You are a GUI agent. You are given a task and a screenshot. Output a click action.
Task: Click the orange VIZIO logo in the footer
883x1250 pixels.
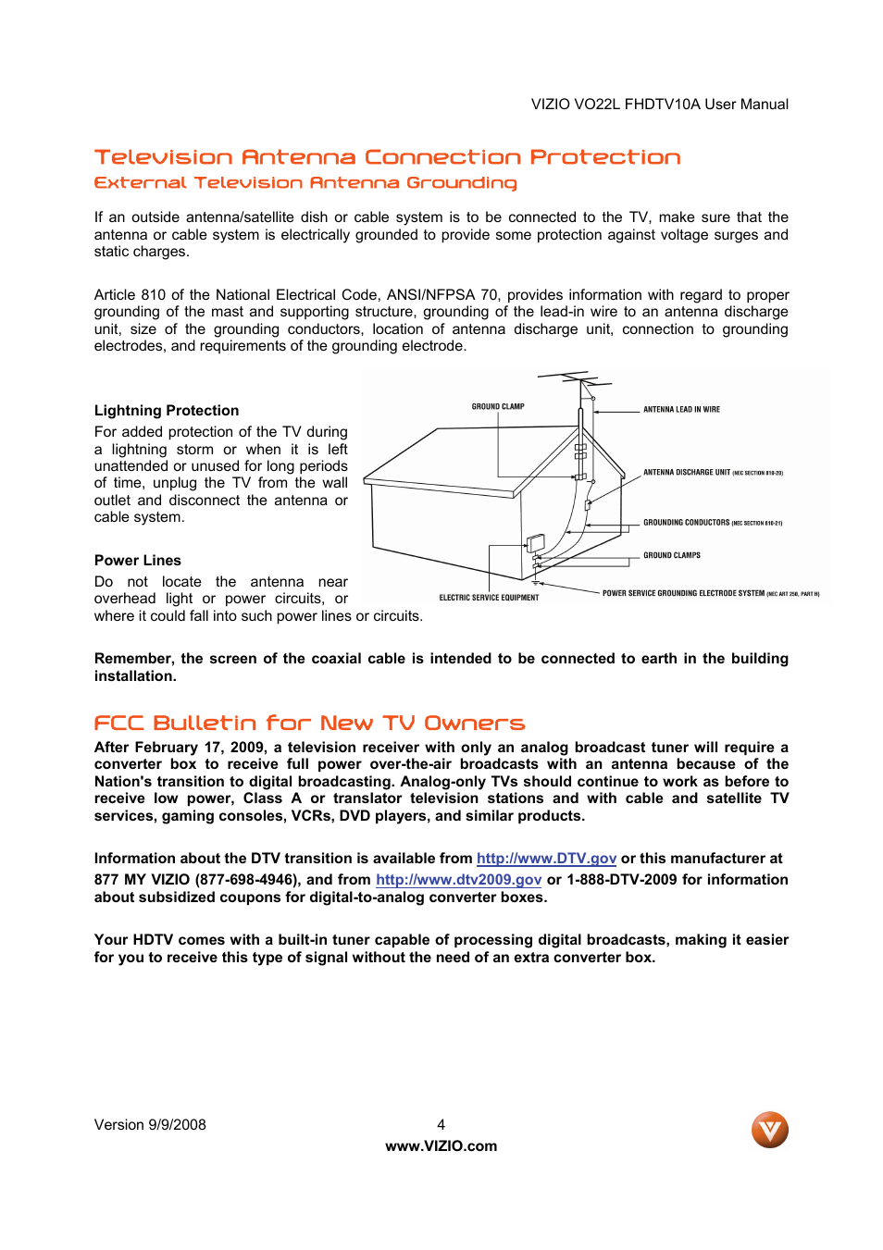coord(769,1130)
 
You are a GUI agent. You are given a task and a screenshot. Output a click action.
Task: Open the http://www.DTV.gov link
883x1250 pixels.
coord(546,859)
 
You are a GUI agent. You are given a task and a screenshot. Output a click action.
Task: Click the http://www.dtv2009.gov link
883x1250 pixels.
coord(458,880)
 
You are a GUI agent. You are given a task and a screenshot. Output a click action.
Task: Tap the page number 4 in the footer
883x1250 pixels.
coord(441,1125)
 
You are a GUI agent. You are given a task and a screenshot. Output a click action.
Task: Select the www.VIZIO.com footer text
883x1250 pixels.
coord(441,1146)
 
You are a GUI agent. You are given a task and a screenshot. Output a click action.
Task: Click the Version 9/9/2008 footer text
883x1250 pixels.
coord(150,1125)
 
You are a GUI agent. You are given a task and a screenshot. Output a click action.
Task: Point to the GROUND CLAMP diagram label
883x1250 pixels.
coord(498,407)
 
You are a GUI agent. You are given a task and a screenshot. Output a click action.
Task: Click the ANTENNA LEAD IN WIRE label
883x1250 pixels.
coord(681,410)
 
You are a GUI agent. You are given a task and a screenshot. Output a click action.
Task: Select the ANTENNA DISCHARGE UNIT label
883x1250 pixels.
coord(687,473)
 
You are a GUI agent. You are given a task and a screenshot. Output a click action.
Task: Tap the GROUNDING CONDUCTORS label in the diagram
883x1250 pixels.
coord(687,523)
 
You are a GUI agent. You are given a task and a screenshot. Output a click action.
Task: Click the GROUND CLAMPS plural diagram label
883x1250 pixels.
coord(672,556)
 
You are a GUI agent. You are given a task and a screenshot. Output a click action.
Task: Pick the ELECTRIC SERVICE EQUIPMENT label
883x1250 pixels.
coord(489,598)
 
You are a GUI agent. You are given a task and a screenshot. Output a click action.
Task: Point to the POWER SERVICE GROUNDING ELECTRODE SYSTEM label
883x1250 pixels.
coord(683,594)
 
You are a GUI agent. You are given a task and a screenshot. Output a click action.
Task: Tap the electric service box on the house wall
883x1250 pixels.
coord(535,543)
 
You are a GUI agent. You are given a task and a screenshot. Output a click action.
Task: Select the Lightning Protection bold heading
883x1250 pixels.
coord(167,411)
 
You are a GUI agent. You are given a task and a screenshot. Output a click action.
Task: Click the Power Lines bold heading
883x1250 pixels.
coord(138,561)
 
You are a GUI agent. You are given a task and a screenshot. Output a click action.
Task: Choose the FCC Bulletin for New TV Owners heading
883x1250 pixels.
coord(309,723)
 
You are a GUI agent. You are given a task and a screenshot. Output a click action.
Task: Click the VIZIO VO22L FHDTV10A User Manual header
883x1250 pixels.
coord(659,105)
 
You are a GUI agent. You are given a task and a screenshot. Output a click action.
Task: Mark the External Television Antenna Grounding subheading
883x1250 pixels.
coord(305,183)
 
